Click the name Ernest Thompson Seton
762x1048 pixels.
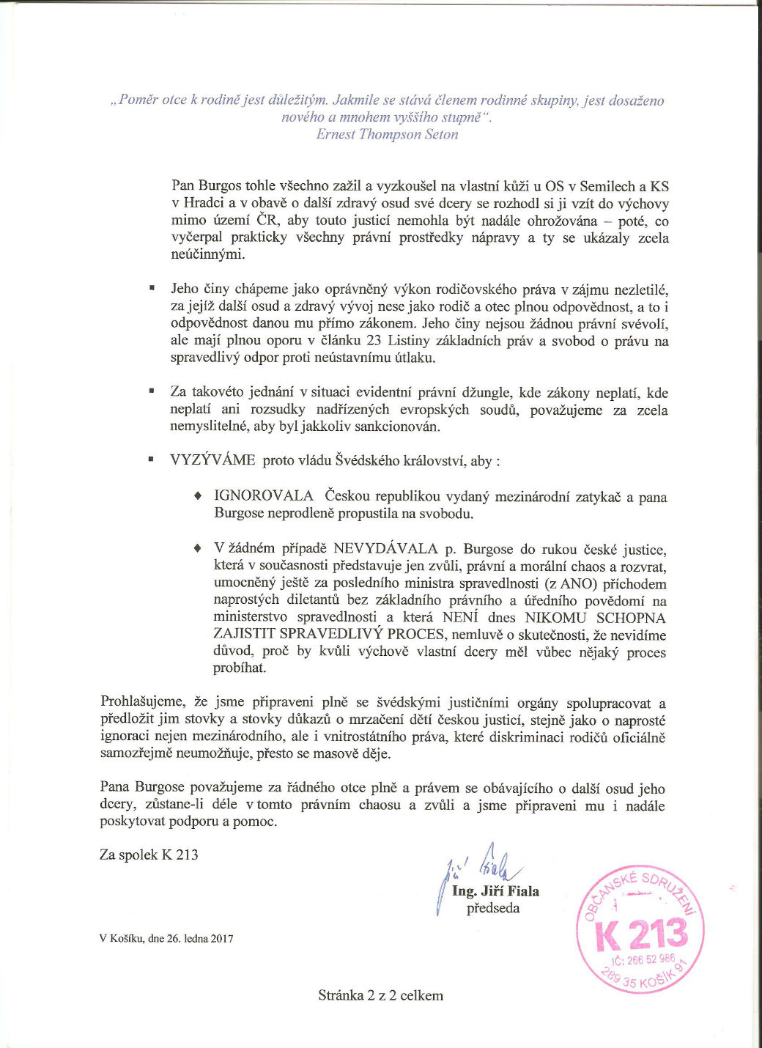pos(387,134)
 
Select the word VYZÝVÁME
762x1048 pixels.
pos(212,460)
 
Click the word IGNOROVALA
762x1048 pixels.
pos(264,496)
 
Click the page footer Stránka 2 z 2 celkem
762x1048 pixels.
pos(380,995)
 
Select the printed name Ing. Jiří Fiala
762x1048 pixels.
pos(495,892)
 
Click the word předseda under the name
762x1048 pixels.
pos(493,909)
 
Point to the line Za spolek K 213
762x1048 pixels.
pos(149,855)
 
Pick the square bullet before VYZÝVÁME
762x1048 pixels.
pos(151,460)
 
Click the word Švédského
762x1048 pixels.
pos(368,460)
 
